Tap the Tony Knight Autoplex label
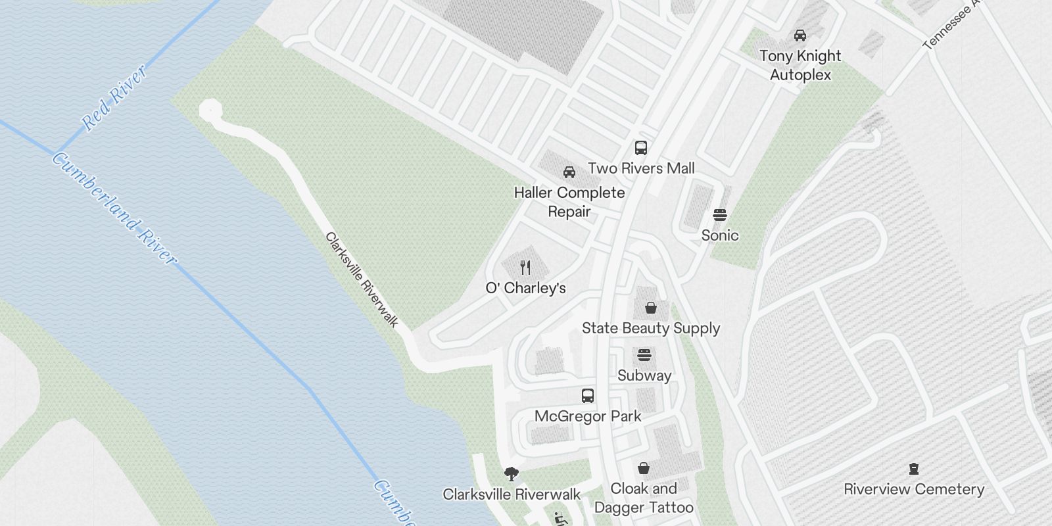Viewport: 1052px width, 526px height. [x=800, y=65]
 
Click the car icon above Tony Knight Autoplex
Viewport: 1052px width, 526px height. [x=800, y=35]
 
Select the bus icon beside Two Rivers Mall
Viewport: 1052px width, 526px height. [x=641, y=148]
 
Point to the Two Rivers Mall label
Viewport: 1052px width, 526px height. [x=641, y=168]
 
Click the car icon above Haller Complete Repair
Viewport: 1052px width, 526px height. [x=569, y=172]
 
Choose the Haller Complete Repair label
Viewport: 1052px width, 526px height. [x=569, y=202]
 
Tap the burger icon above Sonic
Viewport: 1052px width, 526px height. [x=719, y=215]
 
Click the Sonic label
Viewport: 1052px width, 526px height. [x=719, y=235]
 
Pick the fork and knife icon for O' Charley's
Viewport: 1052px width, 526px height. [x=525, y=268]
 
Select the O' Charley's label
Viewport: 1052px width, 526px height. [x=525, y=288]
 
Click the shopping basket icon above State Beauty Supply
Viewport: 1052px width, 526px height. [x=650, y=308]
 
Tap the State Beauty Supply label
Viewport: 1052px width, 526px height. [x=650, y=328]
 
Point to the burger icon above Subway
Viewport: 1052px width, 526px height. [x=644, y=356]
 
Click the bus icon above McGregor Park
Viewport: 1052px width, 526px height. [x=588, y=396]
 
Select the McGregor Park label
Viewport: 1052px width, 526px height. [x=588, y=416]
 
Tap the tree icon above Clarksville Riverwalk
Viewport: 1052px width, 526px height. [x=511, y=474]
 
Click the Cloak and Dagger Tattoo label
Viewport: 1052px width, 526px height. [x=644, y=498]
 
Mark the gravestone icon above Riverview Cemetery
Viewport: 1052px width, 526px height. [x=913, y=469]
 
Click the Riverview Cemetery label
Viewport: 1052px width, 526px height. [x=913, y=489]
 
